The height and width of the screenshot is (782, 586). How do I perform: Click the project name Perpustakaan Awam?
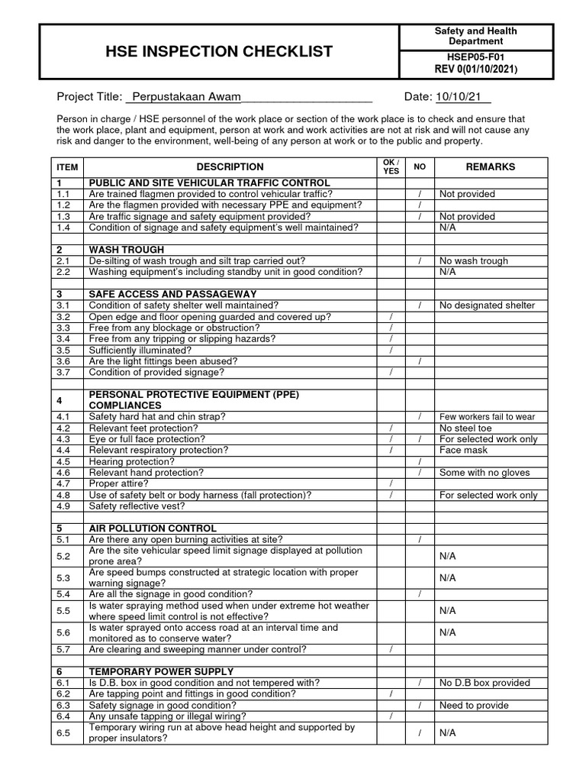(186, 96)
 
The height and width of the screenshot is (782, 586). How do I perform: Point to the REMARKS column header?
(490, 166)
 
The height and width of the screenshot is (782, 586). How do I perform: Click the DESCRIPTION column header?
(230, 166)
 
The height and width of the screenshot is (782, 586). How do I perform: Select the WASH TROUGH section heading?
(127, 250)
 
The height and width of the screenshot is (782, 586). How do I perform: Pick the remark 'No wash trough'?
(473, 261)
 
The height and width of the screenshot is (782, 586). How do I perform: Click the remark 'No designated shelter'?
(487, 305)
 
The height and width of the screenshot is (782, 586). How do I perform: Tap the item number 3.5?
(63, 350)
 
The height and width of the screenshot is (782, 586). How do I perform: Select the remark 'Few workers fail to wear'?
(487, 417)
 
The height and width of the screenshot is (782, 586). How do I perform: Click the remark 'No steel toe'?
(466, 428)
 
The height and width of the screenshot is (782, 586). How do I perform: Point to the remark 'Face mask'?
(462, 451)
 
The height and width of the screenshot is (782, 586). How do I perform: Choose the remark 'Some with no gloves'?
(484, 473)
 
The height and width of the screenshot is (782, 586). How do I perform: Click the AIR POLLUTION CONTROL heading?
(153, 528)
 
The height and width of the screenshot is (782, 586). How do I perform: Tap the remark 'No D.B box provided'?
(484, 683)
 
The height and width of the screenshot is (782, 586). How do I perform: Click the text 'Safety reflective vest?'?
(137, 506)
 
